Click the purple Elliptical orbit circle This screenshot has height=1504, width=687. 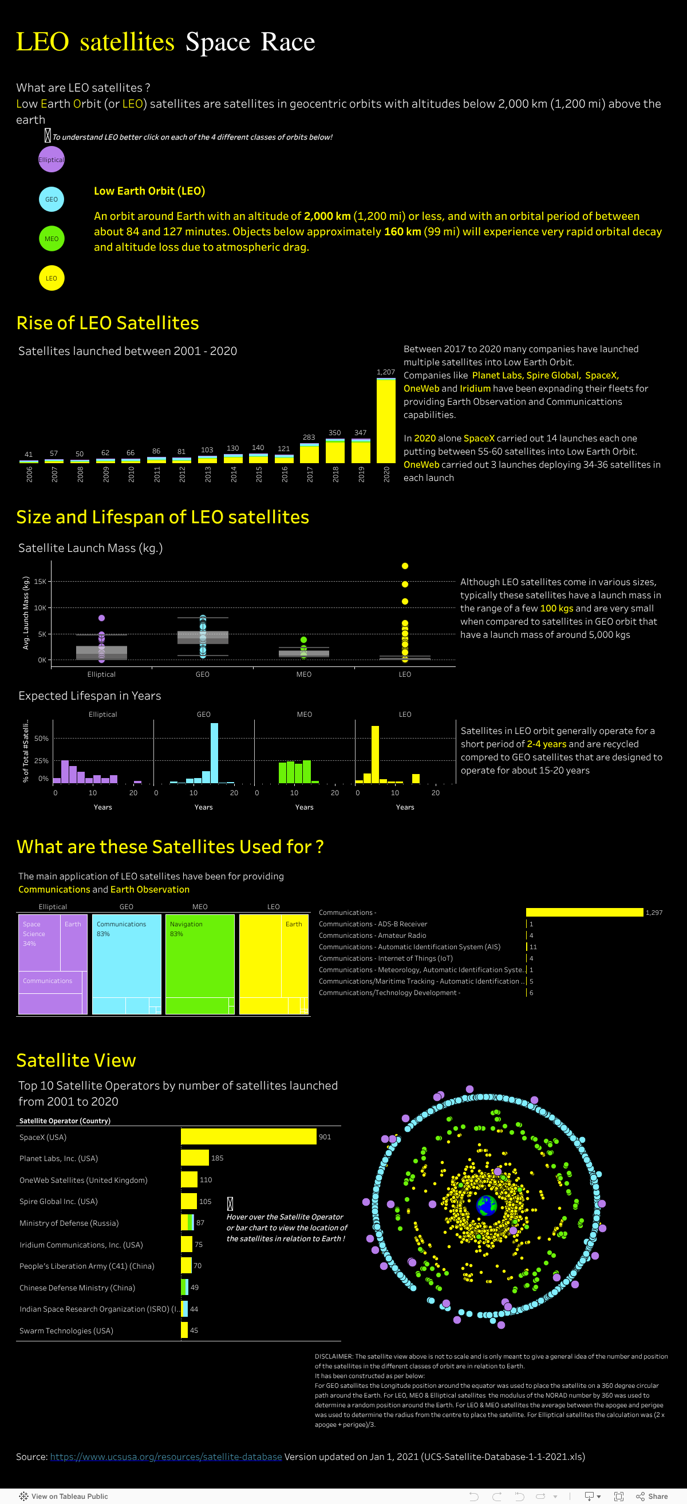click(x=52, y=160)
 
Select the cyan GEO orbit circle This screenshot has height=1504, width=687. click(x=52, y=199)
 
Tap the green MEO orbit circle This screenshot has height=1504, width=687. click(x=52, y=239)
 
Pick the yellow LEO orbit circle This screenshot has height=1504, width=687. click(x=52, y=278)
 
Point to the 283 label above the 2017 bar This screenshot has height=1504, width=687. click(x=309, y=437)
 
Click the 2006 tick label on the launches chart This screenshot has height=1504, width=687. click(x=29, y=473)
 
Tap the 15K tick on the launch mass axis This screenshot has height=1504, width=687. click(x=40, y=582)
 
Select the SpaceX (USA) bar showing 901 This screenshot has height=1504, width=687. click(x=248, y=1137)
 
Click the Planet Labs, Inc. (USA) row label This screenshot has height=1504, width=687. click(x=58, y=1158)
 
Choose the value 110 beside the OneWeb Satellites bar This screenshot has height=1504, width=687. click(x=206, y=1180)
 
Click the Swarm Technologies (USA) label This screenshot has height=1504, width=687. click(x=66, y=1331)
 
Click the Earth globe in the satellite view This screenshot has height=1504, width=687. click(x=486, y=1204)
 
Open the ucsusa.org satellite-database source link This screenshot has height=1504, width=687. click(x=166, y=1456)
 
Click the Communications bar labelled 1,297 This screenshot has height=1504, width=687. click(x=585, y=912)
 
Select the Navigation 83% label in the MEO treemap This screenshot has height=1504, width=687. click(x=185, y=929)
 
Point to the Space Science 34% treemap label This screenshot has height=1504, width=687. click(x=32, y=934)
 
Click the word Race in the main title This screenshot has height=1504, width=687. click(x=288, y=42)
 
